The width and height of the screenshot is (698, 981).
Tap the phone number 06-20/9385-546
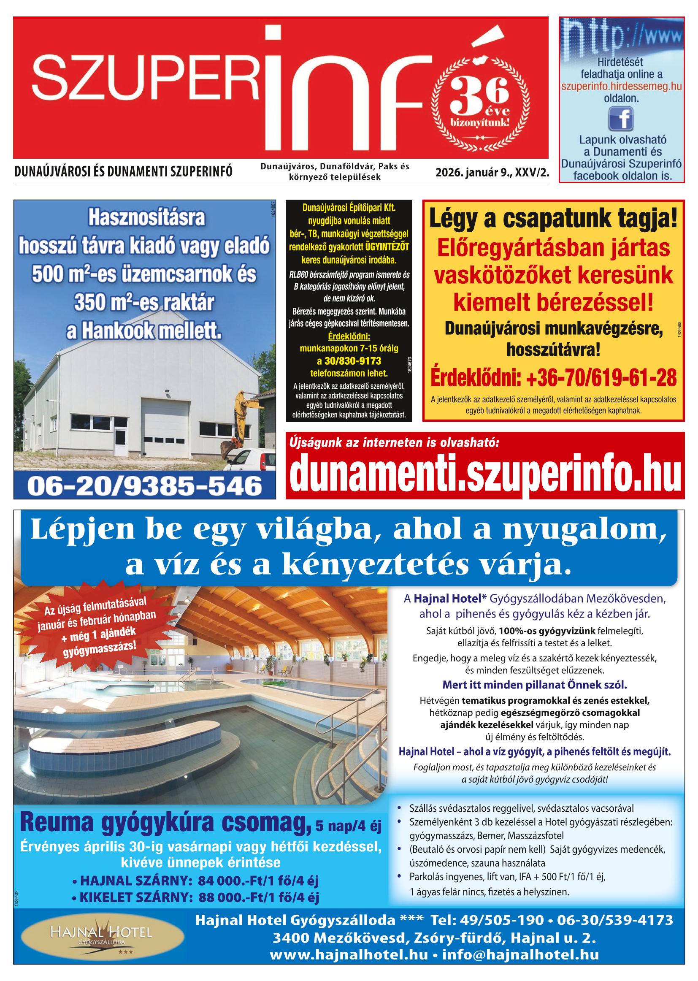pos(145,486)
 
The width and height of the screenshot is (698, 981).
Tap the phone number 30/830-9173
pos(349,360)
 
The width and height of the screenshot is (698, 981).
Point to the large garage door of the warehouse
pos(165,423)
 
